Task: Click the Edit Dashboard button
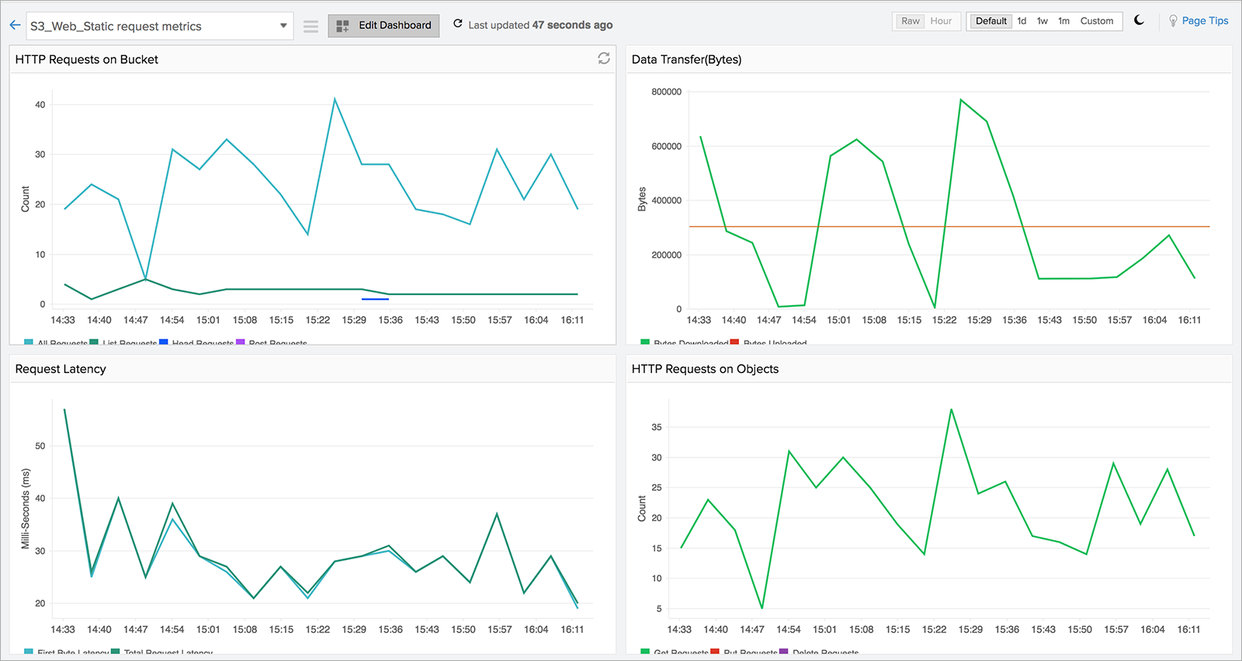point(383,26)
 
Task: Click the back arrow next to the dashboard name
point(15,26)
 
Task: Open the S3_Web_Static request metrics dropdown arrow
point(283,26)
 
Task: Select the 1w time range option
point(1043,21)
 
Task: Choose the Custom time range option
point(1096,21)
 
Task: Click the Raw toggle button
point(910,21)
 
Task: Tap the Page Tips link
point(1205,21)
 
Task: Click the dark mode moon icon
point(1139,20)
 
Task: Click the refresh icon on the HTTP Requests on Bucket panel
point(603,58)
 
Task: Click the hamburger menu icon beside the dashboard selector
point(310,26)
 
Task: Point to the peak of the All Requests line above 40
point(335,99)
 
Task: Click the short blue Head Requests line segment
point(375,299)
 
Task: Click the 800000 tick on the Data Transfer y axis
point(666,92)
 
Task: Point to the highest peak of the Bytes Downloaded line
point(960,99)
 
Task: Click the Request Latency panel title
point(61,369)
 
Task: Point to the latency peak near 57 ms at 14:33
point(64,409)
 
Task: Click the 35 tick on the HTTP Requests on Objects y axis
point(657,427)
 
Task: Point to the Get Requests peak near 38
point(951,409)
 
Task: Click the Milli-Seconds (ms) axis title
point(26,509)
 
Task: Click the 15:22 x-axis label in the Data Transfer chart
point(944,320)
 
